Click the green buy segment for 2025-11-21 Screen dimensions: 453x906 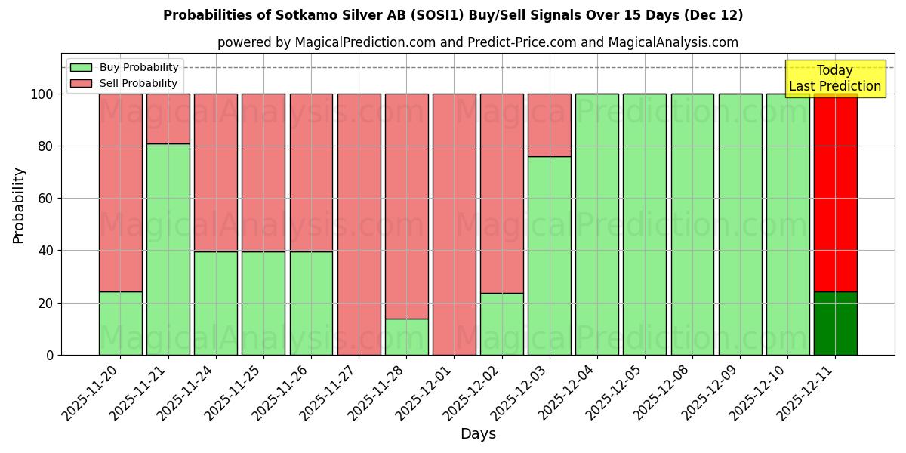[x=168, y=249]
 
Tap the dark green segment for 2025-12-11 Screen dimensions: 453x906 [x=835, y=323]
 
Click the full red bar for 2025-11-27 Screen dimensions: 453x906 [x=359, y=224]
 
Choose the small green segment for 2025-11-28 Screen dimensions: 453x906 [x=406, y=337]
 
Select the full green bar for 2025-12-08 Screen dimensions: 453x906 [x=692, y=224]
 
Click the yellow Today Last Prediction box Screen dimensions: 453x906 [x=835, y=79]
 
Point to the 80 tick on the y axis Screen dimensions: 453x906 [x=47, y=146]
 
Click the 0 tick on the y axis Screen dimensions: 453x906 [x=51, y=355]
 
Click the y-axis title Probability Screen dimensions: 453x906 [x=19, y=205]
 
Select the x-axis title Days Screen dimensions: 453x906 [x=478, y=434]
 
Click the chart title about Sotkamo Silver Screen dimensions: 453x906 [x=453, y=15]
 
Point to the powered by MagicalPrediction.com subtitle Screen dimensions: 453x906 [x=478, y=42]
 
